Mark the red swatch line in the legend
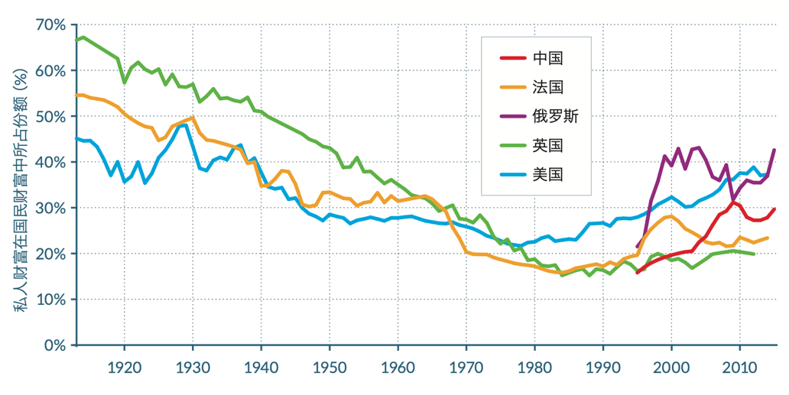511,58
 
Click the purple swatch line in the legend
511,116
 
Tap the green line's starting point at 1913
76,40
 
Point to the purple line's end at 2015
774,150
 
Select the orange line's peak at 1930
192,118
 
